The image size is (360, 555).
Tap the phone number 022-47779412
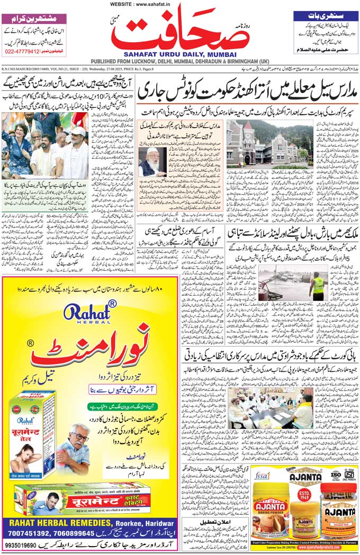point(22,51)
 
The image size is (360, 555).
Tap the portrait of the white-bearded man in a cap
point(152,161)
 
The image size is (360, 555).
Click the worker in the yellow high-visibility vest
point(317,285)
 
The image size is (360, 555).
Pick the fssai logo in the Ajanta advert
point(263,475)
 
